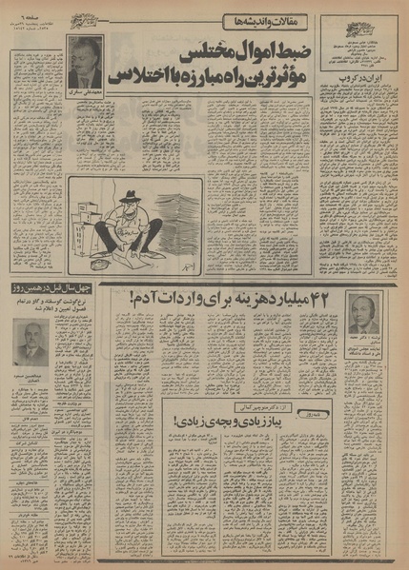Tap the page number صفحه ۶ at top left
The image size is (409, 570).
[x=24, y=12]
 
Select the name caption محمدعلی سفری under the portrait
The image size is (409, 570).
[x=84, y=95]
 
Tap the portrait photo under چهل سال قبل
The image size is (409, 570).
[x=31, y=341]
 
